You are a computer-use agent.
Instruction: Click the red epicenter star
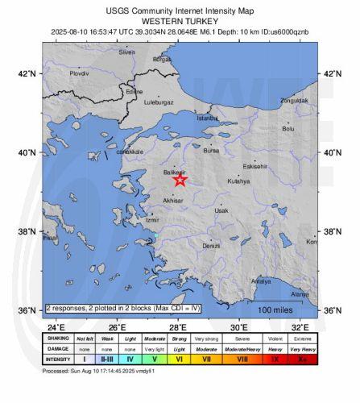[x=180, y=180]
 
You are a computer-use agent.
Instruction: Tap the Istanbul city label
[x=207, y=118]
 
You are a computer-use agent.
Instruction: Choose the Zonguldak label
[x=293, y=101]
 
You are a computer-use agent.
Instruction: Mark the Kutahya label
[x=238, y=181]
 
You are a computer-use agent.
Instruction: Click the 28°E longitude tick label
[x=178, y=327]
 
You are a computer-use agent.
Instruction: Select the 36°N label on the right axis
[x=333, y=311]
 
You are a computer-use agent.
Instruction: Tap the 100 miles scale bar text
[x=275, y=310]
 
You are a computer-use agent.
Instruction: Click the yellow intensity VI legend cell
[x=179, y=359]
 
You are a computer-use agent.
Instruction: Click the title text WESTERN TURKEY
[x=179, y=22]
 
